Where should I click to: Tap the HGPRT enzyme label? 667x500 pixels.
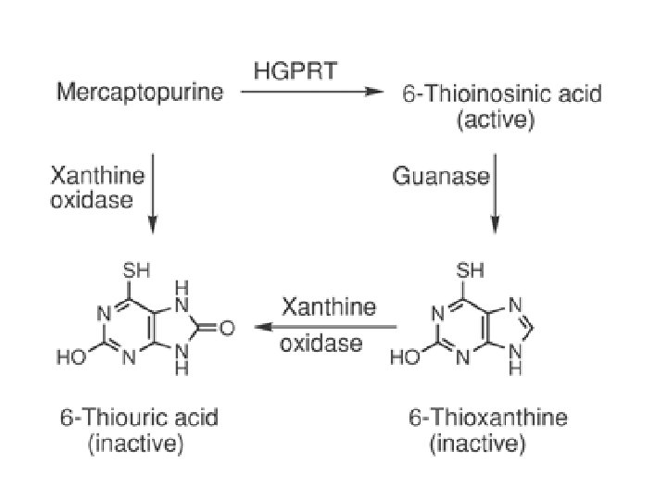(296, 70)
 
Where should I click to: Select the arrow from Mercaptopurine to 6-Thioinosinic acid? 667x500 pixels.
(311, 93)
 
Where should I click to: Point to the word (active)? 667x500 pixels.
(496, 120)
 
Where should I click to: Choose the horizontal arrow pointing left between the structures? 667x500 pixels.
(326, 327)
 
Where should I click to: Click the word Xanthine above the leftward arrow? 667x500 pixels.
(328, 306)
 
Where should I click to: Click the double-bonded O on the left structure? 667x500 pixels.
(228, 327)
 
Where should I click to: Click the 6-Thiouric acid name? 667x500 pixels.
(139, 418)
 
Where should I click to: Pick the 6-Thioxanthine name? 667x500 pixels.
(488, 418)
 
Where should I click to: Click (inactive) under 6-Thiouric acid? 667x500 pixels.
(135, 444)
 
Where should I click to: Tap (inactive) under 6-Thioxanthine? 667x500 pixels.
(478, 444)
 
